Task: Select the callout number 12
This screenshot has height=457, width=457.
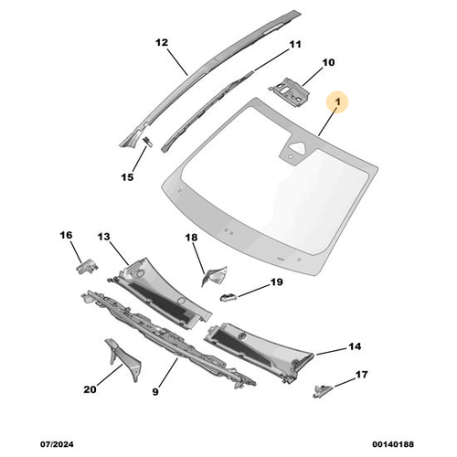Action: [162, 43]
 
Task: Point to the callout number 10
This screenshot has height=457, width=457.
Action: [328, 63]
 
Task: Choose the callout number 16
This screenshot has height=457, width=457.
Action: [67, 235]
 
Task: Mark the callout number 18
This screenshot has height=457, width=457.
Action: [191, 238]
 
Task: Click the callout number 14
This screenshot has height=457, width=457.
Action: [356, 346]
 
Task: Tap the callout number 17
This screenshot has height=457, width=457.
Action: [361, 374]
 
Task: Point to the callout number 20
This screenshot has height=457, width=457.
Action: [90, 389]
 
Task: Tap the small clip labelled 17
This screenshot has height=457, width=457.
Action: [323, 390]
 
